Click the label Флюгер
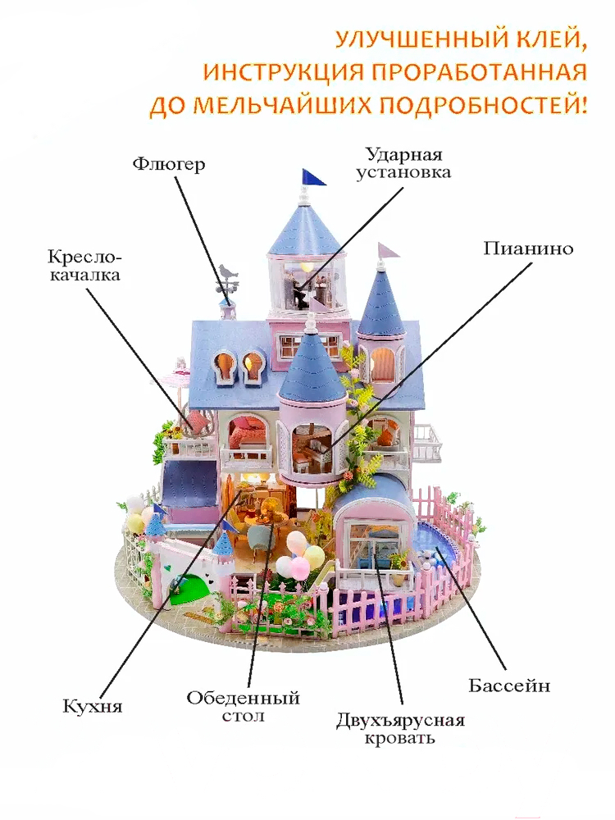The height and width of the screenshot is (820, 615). pyautogui.click(x=168, y=164)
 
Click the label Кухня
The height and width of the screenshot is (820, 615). pyautogui.click(x=86, y=704)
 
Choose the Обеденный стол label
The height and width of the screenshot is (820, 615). pyautogui.click(x=243, y=707)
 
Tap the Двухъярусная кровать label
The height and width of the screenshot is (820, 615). pyautogui.click(x=400, y=729)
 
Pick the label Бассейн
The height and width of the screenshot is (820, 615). pyautogui.click(x=509, y=685)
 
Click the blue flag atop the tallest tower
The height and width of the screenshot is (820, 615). pyautogui.click(x=313, y=176)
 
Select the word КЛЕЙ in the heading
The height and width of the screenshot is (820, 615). pyautogui.click(x=553, y=39)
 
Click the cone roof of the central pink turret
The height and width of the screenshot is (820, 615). pyautogui.click(x=311, y=365)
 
